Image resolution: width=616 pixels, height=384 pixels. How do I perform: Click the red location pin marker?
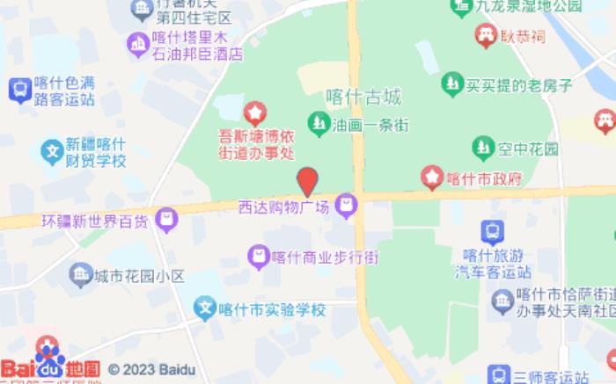tap(307, 181)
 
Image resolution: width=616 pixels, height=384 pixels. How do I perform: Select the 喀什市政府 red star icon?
tap(431, 177)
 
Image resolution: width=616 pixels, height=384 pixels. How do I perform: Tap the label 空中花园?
tap(526, 149)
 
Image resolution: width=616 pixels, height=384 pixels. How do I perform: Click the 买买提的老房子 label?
tap(519, 85)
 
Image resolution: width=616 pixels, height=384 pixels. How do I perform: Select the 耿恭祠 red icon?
tap(484, 36)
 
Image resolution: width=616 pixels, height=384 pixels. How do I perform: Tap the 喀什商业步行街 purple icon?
tap(258, 257)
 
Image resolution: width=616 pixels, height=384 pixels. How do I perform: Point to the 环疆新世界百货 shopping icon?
tap(166, 220)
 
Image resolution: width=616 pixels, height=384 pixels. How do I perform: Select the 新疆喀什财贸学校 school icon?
tap(52, 151)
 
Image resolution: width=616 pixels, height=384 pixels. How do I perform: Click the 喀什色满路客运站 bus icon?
tap(18, 89)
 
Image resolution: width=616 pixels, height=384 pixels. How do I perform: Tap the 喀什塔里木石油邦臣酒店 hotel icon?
tap(137, 42)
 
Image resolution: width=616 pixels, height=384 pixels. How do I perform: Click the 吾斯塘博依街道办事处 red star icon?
tap(254, 112)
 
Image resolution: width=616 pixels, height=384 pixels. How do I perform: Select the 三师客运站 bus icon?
tap(498, 375)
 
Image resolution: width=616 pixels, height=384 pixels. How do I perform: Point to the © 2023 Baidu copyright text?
tap(151, 370)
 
